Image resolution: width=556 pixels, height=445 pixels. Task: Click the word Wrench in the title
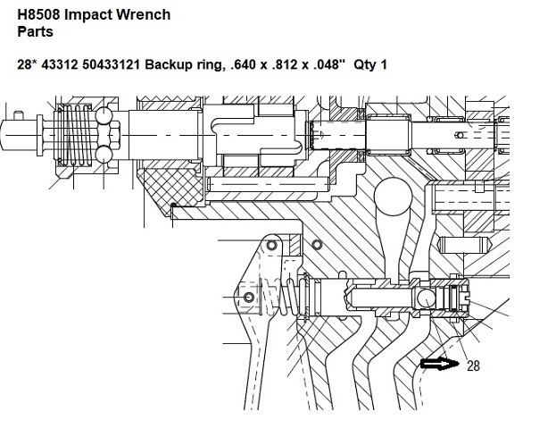click(x=144, y=14)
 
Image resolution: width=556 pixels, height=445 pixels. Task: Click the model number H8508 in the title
click(x=39, y=14)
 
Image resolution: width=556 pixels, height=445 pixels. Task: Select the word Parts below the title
click(x=35, y=31)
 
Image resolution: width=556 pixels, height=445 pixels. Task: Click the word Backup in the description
click(x=167, y=65)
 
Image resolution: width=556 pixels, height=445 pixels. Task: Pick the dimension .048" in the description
click(x=329, y=64)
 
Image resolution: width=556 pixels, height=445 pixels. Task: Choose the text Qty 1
click(x=370, y=64)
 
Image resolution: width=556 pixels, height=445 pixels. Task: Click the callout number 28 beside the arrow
click(x=473, y=365)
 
